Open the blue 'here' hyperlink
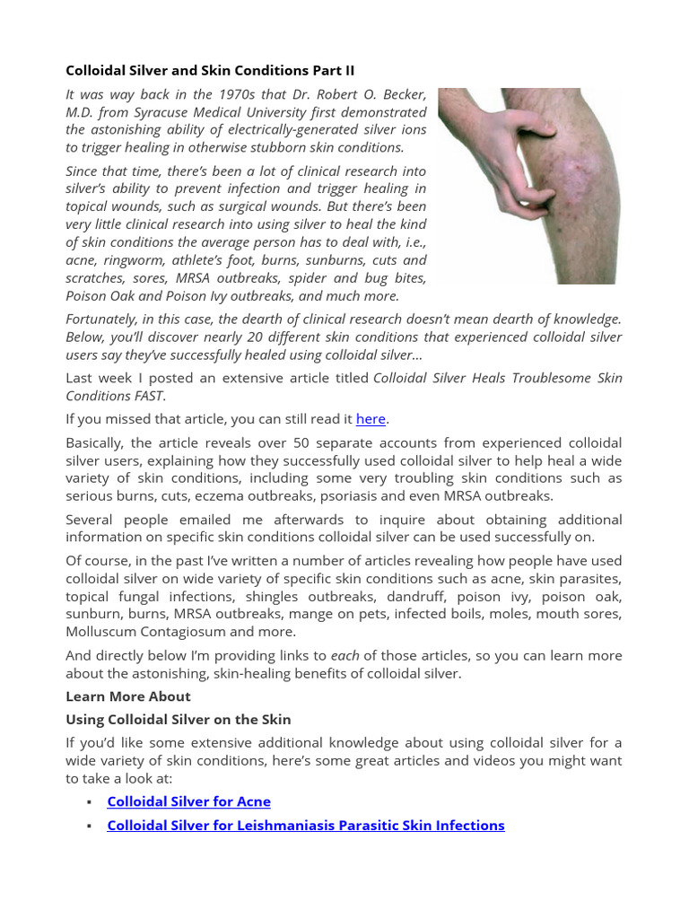(x=371, y=419)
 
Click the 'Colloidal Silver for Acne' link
(x=188, y=801)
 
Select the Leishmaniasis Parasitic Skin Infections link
(x=305, y=825)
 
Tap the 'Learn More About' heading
(x=127, y=696)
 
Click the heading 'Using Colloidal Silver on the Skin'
(x=178, y=720)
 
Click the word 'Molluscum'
(x=104, y=631)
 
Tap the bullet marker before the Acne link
(x=89, y=802)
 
